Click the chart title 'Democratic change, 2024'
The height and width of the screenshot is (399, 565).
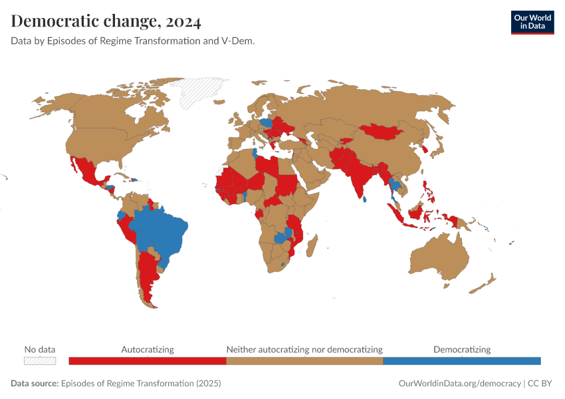point(106,21)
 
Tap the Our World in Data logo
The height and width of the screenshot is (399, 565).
point(532,22)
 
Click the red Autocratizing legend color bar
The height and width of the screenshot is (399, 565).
point(148,360)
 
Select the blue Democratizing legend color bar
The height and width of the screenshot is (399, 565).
point(462,360)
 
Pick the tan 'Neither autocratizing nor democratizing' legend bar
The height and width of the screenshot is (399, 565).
point(304,360)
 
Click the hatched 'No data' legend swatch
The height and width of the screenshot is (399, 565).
point(40,360)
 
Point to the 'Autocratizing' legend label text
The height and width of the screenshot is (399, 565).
point(148,349)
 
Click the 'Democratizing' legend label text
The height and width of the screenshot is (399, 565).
point(462,349)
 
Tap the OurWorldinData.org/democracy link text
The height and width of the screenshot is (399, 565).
point(459,384)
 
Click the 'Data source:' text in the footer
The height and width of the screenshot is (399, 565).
point(35,384)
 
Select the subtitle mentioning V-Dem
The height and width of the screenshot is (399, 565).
point(133,41)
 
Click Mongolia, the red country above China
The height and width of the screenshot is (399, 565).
point(382,131)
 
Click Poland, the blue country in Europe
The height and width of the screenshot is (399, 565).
point(267,123)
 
